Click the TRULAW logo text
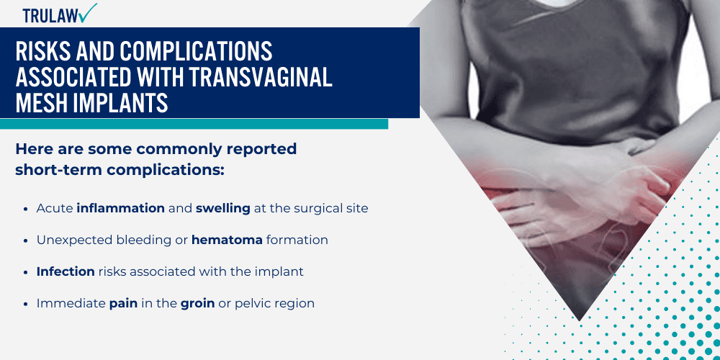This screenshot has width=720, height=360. [x=50, y=14]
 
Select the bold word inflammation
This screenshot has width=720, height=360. [x=121, y=208]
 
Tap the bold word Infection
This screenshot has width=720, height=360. [x=66, y=271]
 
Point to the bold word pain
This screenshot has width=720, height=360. [x=123, y=303]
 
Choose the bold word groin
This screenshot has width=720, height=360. [x=197, y=303]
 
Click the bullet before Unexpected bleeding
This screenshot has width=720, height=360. [x=27, y=240]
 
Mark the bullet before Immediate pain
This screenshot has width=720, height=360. [x=27, y=303]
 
